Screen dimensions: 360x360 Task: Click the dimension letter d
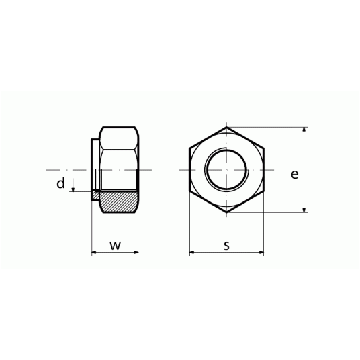point(61,183)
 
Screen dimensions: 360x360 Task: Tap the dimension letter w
point(116,245)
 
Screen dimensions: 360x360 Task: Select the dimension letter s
point(226,245)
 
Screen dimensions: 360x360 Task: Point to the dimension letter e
point(295,174)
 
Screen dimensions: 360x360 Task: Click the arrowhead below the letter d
point(73,189)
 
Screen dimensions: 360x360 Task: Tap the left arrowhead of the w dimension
point(94,253)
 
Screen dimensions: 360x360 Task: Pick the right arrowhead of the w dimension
point(136,253)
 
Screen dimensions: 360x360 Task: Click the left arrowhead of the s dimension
point(192,253)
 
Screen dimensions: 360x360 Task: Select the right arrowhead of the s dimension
point(261,253)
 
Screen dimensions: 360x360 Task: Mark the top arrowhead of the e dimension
point(304,130)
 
